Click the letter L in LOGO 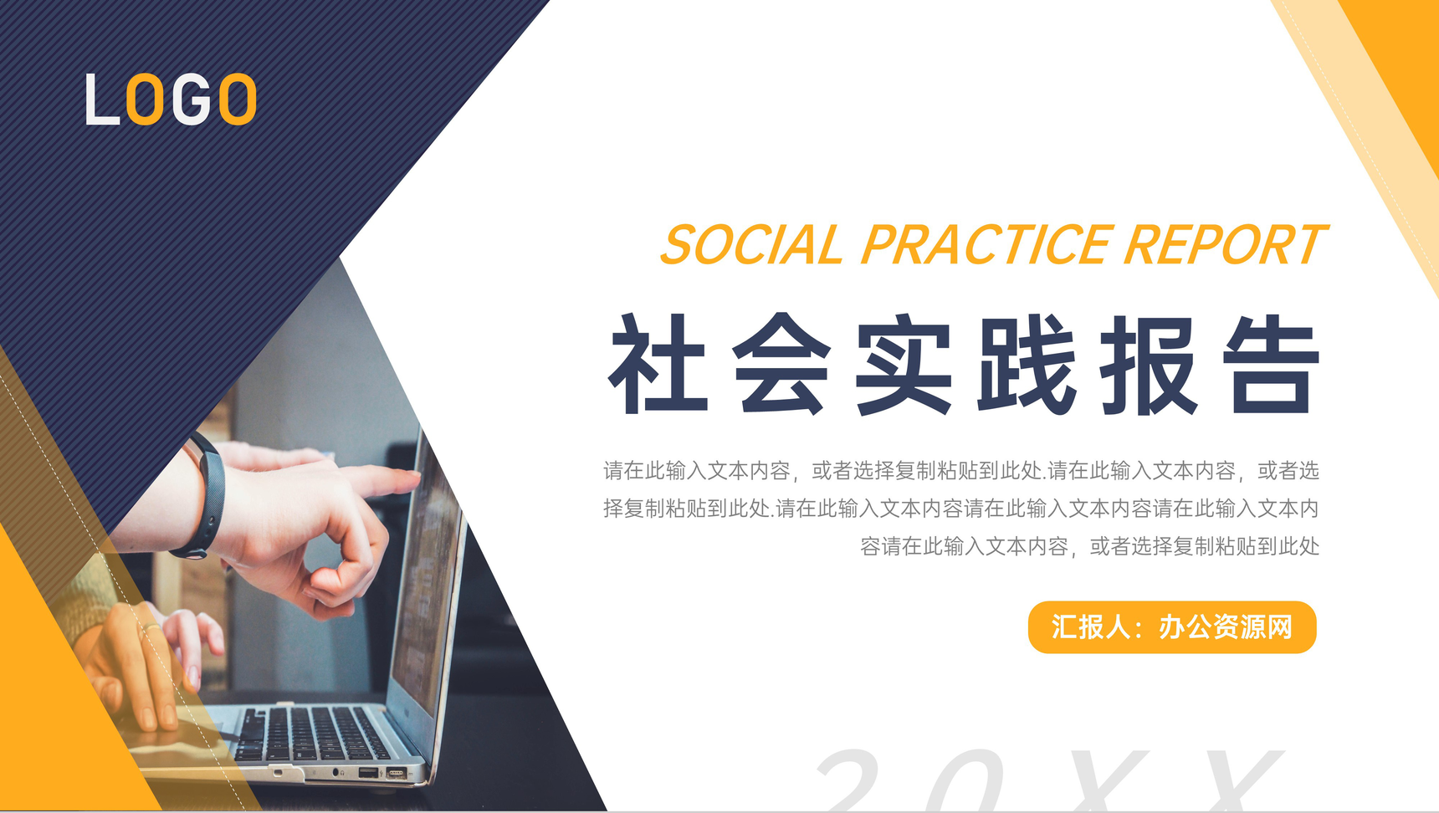(x=101, y=100)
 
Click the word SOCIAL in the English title (x=752, y=245)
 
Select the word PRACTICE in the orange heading (x=987, y=245)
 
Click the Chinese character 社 (x=659, y=364)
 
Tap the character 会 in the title (x=781, y=364)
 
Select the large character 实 (x=904, y=364)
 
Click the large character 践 (x=1027, y=364)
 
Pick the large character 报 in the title (x=1149, y=364)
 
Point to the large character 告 (x=1271, y=364)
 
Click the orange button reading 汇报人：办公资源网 (x=1172, y=627)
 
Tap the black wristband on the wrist (x=206, y=495)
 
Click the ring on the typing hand (x=151, y=626)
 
